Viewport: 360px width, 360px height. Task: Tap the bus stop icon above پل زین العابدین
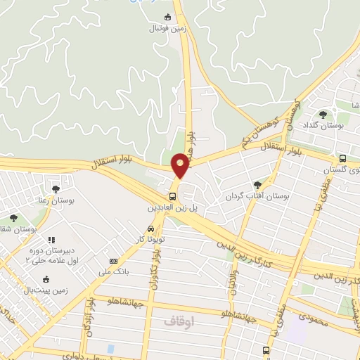click(x=173, y=196)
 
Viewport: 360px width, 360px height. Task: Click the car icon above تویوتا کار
click(x=150, y=229)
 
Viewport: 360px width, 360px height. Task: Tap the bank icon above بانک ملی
click(x=114, y=262)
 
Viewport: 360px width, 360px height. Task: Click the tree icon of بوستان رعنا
click(x=56, y=188)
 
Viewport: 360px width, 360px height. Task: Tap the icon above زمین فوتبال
click(x=167, y=18)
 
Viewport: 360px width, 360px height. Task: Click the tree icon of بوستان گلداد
click(x=323, y=114)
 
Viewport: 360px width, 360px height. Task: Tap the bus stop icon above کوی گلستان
click(x=342, y=158)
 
